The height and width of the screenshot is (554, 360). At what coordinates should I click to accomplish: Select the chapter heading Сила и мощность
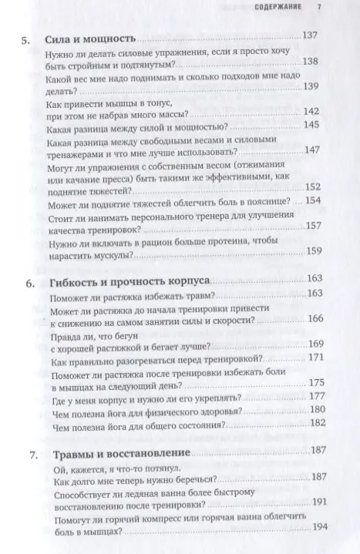[x=91, y=37]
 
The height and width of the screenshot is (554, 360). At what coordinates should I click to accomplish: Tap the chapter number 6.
[x=28, y=283]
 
